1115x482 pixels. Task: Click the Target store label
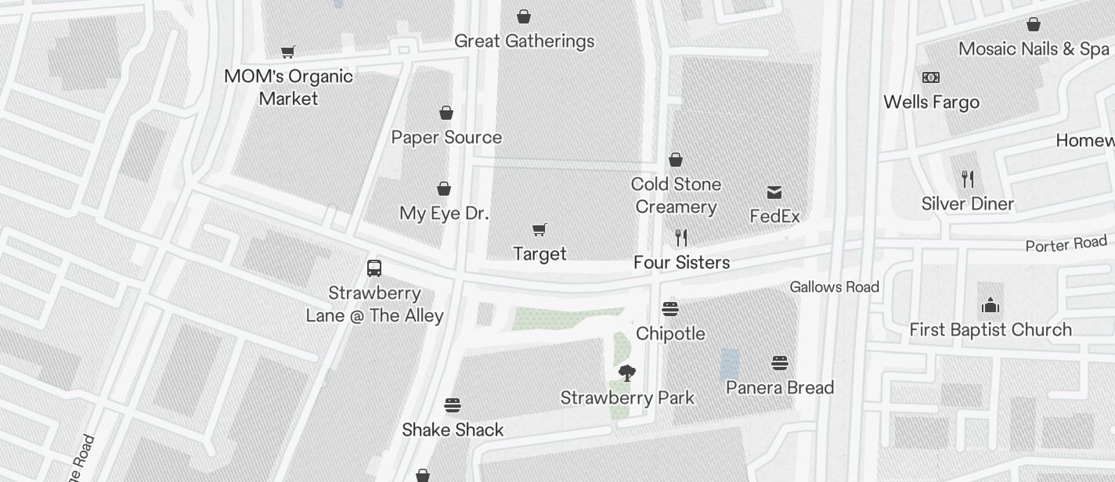point(539,254)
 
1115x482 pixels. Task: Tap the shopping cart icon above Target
point(539,229)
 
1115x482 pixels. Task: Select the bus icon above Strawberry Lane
point(374,268)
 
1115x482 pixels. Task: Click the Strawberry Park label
point(627,397)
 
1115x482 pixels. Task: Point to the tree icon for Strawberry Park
point(626,373)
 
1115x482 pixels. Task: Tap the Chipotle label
point(670,333)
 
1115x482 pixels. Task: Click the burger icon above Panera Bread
point(779,363)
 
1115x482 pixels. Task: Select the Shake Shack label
point(453,430)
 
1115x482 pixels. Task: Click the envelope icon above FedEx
point(774,192)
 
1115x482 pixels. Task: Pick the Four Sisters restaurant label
point(681,262)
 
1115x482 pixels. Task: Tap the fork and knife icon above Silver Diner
point(968,179)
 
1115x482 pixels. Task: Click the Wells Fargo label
point(931,102)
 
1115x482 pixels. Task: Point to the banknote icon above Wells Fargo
point(931,77)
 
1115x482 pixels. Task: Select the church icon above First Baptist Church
point(991,305)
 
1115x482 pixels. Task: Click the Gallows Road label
point(834,287)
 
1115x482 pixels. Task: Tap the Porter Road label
point(1066,244)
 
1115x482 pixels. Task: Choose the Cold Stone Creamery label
point(676,196)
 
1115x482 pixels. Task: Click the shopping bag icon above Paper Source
point(446,113)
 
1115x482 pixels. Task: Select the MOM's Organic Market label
point(288,87)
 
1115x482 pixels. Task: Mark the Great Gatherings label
point(524,41)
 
